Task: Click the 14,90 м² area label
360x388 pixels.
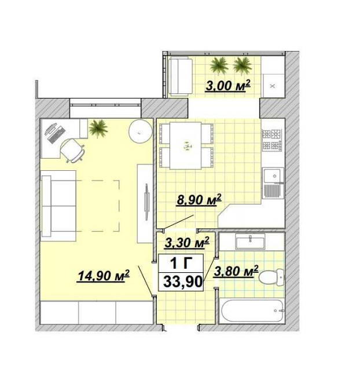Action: click(103, 276)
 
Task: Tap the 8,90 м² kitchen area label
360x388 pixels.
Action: click(199, 199)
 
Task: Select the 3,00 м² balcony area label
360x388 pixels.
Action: click(228, 86)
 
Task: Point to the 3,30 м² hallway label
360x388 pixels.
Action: click(187, 243)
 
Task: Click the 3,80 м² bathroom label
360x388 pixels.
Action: click(236, 271)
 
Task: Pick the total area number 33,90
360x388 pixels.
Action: click(183, 281)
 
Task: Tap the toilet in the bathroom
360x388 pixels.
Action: click(271, 277)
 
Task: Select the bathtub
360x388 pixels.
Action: click(252, 311)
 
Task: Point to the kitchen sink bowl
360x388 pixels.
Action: click(273, 175)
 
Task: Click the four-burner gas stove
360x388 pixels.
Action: click(272, 140)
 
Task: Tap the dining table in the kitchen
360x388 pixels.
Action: click(185, 145)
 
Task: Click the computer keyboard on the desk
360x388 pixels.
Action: click(57, 135)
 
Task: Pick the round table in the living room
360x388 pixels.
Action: click(140, 131)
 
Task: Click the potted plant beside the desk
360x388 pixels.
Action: click(98, 129)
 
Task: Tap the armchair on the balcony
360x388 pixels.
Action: click(181, 76)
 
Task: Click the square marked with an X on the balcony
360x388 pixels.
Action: click(273, 86)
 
